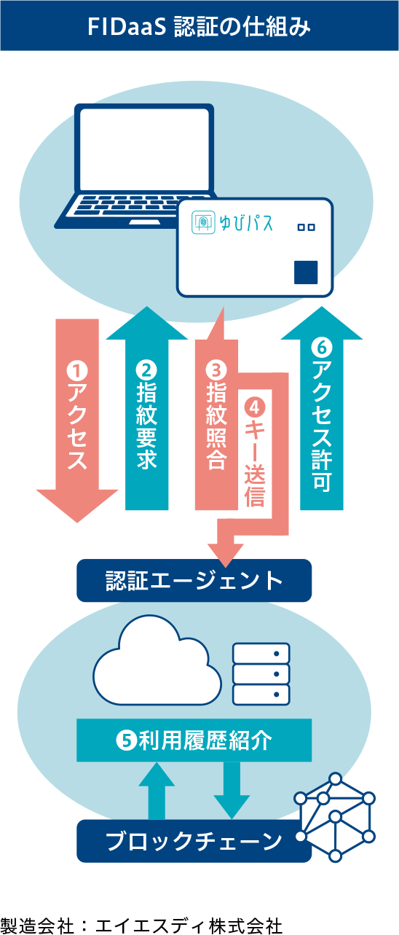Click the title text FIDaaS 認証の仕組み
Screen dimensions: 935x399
(x=199, y=27)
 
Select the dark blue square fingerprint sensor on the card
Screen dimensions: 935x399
(x=306, y=272)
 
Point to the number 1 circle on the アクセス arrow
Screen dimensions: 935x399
(x=77, y=371)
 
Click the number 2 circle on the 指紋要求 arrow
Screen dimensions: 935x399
(x=146, y=371)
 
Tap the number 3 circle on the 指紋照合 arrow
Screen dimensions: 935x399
(x=216, y=371)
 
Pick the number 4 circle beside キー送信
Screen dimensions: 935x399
(x=255, y=404)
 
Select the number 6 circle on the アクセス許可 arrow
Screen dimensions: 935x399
(x=321, y=349)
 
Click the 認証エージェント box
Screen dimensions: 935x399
(x=194, y=581)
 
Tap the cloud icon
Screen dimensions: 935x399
(x=155, y=659)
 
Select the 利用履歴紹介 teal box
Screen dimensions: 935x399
(x=194, y=740)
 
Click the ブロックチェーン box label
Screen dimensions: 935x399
(x=194, y=841)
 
